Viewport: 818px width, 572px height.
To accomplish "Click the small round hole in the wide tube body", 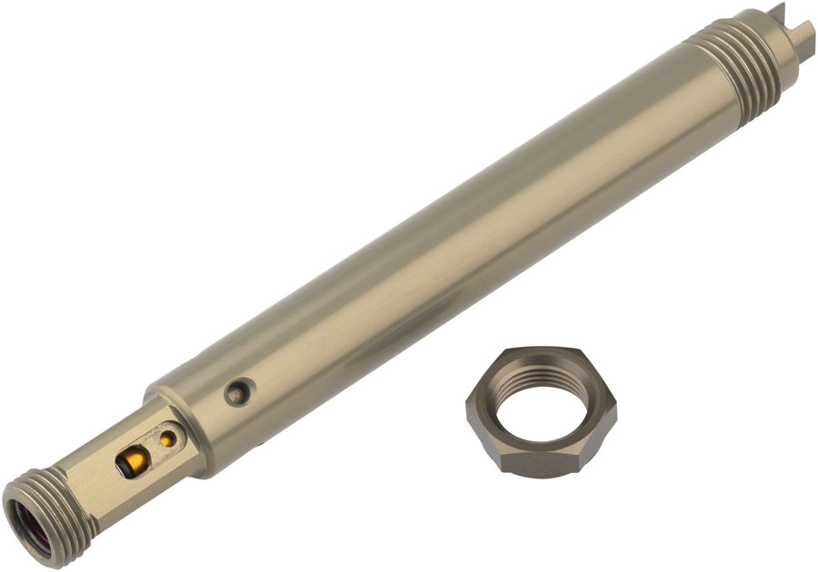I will click(237, 392).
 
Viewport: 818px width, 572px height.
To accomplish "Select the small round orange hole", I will click(166, 439).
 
